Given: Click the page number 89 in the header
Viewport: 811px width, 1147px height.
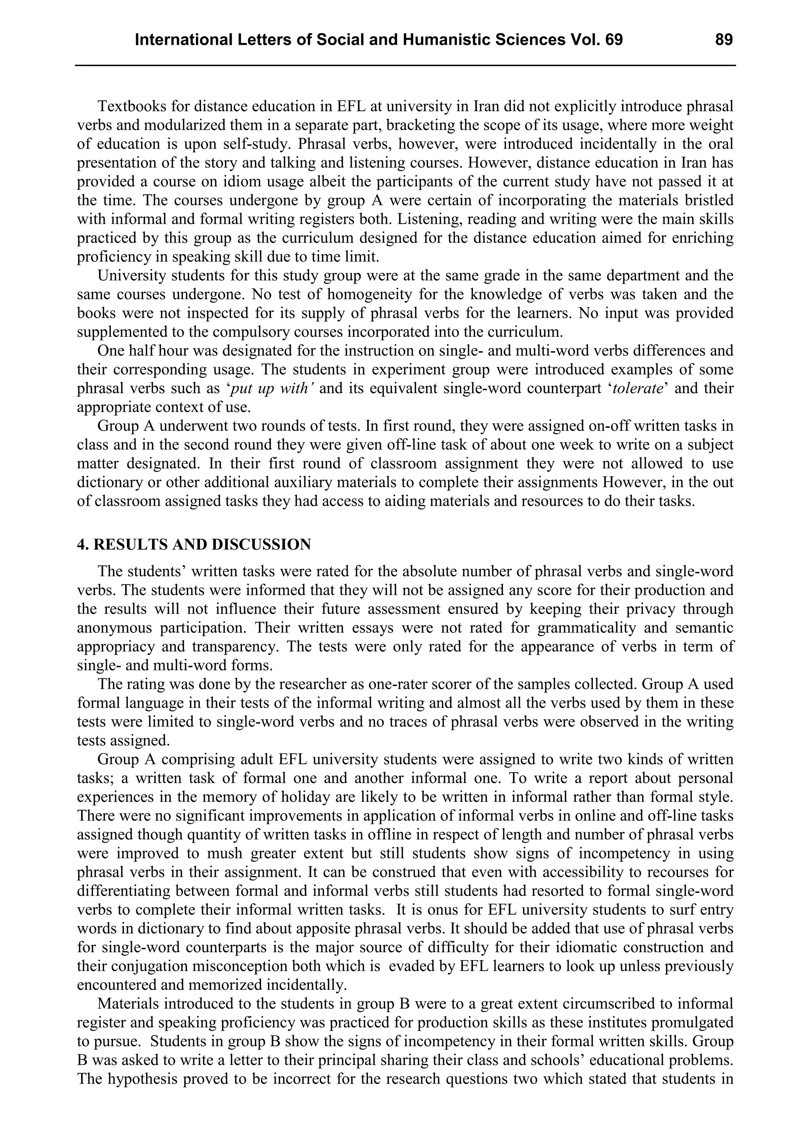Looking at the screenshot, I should [723, 40].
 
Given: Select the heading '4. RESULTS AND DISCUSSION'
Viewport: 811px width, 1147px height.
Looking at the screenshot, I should [194, 545].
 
